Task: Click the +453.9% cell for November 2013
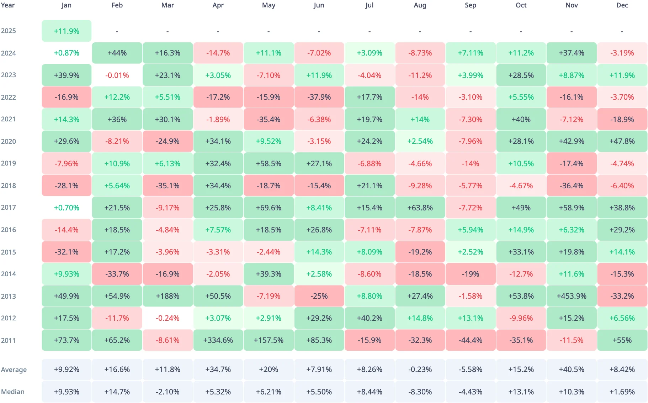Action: click(x=572, y=296)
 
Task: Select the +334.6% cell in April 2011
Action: click(x=218, y=340)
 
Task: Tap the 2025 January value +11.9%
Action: click(x=67, y=31)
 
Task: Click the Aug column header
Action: click(x=420, y=5)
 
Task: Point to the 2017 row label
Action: click(x=9, y=208)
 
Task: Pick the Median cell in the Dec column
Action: click(x=622, y=392)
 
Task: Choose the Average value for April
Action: click(x=218, y=370)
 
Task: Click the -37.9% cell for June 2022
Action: click(x=319, y=97)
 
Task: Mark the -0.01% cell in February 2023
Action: click(x=117, y=75)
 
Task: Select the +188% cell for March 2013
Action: click(x=168, y=296)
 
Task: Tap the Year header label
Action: click(x=8, y=5)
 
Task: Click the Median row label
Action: click(x=13, y=392)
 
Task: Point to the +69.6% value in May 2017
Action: click(x=269, y=208)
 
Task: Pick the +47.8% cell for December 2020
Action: click(x=622, y=141)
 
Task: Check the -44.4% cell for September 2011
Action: click(x=471, y=340)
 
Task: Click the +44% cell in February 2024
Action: click(x=117, y=53)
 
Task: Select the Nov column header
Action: click(x=572, y=5)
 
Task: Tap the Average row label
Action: click(x=14, y=370)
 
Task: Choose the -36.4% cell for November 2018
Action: click(x=572, y=186)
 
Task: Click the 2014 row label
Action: click(x=9, y=274)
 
